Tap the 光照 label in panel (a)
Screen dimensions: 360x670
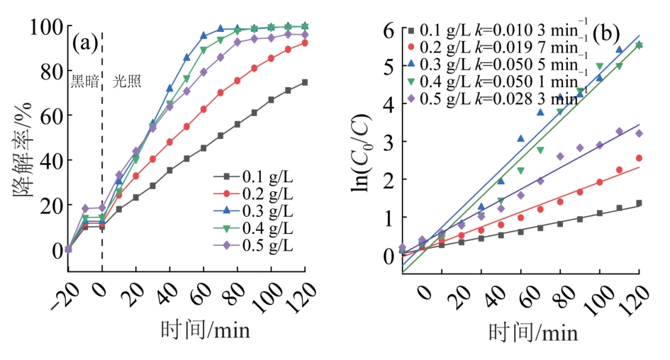click(x=127, y=81)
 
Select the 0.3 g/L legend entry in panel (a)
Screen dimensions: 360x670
click(x=254, y=211)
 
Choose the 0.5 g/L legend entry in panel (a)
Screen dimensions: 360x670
click(x=254, y=245)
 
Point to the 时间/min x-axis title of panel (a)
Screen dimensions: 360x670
click(x=187, y=330)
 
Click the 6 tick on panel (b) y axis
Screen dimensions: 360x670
click(x=387, y=30)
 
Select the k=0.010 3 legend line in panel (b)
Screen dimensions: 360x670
click(x=496, y=30)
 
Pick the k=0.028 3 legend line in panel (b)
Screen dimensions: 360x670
click(x=496, y=98)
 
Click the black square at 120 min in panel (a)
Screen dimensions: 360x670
click(x=305, y=82)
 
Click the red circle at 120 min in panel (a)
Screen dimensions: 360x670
click(x=305, y=43)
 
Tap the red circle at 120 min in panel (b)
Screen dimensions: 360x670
click(x=639, y=158)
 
